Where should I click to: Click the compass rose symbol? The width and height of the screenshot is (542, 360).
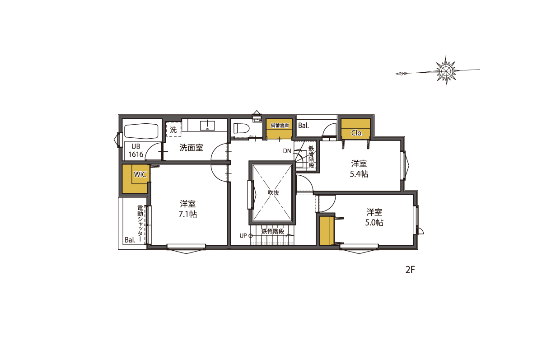pos(446,70)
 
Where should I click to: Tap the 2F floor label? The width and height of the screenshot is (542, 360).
pos(411,270)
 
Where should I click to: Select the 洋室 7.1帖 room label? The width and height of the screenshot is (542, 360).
pos(188,209)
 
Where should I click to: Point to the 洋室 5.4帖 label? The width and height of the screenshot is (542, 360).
pos(359,169)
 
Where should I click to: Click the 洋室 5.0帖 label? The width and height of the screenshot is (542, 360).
pos(374,217)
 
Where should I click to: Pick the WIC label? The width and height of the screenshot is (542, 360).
pos(140,174)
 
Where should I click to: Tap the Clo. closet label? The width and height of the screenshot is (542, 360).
pos(357,133)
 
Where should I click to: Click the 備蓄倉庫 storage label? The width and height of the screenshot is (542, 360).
pos(280,126)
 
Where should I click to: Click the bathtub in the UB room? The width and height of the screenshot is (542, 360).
pos(141,131)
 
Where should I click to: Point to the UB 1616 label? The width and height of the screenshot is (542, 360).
pos(136,150)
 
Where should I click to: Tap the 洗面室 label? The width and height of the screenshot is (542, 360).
pos(191,148)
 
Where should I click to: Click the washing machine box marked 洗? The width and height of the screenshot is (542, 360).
pos(173,130)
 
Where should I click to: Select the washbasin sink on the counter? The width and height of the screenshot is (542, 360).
pos(207,126)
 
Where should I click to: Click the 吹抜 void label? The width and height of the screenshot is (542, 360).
pos(273,192)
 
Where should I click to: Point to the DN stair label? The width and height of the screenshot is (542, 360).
pos(287,151)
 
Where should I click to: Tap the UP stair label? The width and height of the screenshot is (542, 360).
pos(243,236)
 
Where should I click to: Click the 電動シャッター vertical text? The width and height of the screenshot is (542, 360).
pos(140,224)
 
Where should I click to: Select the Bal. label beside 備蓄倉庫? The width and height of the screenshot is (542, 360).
pos(304,126)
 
